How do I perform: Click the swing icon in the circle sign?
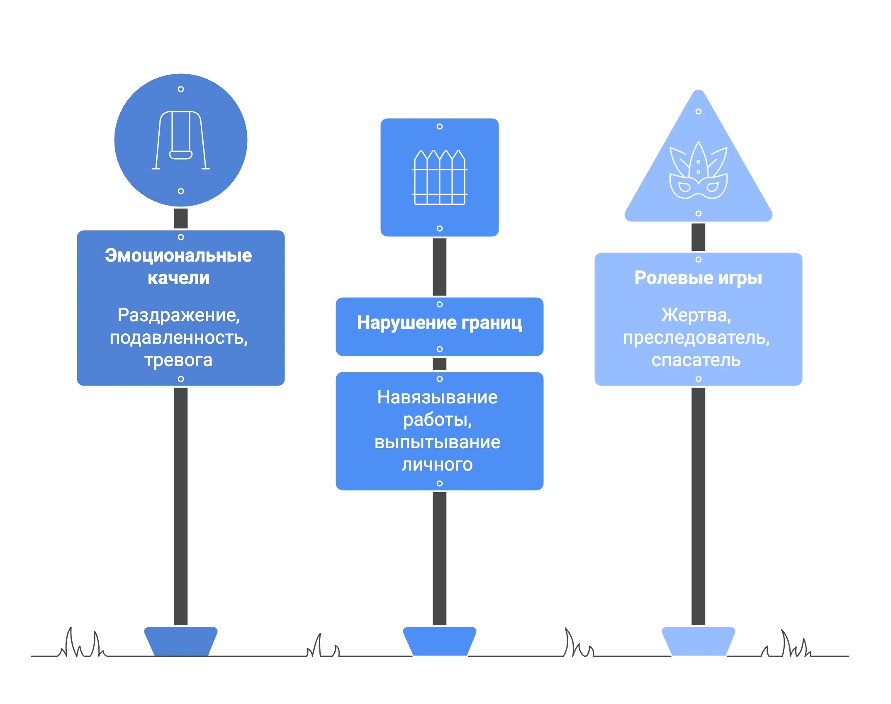pyautogui.click(x=181, y=140)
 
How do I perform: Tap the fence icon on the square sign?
pyautogui.click(x=439, y=177)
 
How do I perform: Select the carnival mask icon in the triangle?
pyautogui.click(x=698, y=170)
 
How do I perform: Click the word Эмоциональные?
pyautogui.click(x=178, y=255)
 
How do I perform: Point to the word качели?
pyautogui.click(x=178, y=278)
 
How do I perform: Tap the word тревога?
pyautogui.click(x=178, y=360)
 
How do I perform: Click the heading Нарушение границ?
pyautogui.click(x=439, y=323)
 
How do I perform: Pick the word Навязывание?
pyautogui.click(x=437, y=397)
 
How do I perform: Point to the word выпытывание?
pyautogui.click(x=437, y=442)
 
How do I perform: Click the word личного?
pyautogui.click(x=437, y=465)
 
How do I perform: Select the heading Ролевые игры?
pyautogui.click(x=698, y=278)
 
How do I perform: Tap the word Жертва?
pyautogui.click(x=696, y=316)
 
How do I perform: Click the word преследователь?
pyautogui.click(x=696, y=338)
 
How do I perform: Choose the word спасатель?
pyautogui.click(x=696, y=360)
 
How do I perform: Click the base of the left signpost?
pyautogui.click(x=181, y=641)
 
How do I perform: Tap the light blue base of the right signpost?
pyautogui.click(x=698, y=641)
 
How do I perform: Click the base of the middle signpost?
pyautogui.click(x=439, y=641)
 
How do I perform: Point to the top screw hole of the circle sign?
pyautogui.click(x=181, y=89)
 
